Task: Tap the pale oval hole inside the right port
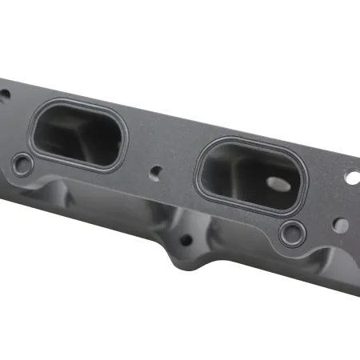point(278,183)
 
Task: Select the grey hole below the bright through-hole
point(341,226)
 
